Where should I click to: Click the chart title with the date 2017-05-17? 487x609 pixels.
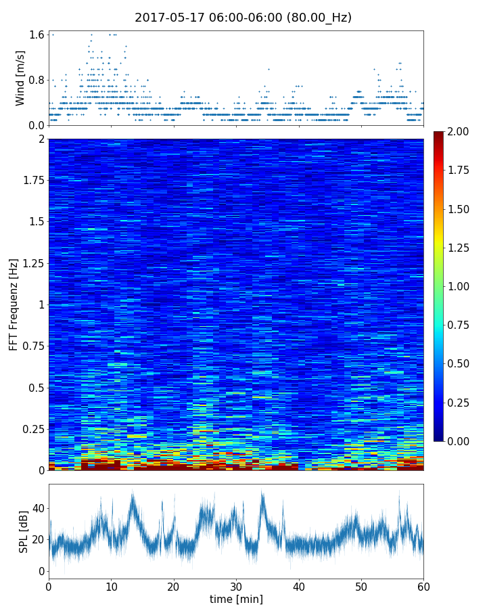tap(243, 18)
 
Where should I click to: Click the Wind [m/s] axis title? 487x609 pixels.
tap(20, 78)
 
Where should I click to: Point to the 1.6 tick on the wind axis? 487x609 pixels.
tap(37, 35)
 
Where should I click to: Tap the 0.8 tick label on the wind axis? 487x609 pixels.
tap(37, 80)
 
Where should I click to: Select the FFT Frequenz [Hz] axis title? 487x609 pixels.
tap(14, 304)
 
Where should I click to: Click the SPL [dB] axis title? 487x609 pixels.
tap(23, 531)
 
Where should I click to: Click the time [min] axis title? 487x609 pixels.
tap(236, 599)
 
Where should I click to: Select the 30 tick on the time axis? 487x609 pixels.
tap(236, 586)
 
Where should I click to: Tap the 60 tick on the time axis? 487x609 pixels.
tap(423, 586)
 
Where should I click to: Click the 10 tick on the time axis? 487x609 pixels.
tap(111, 586)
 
